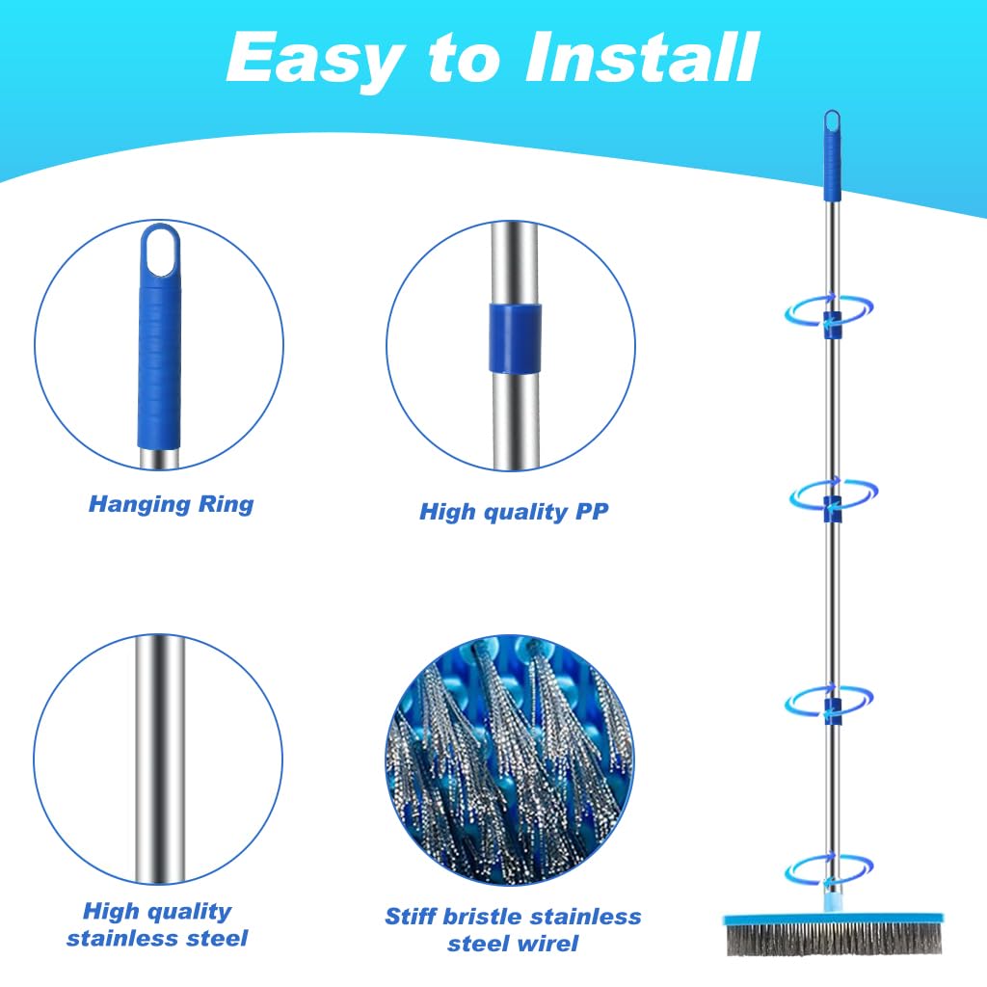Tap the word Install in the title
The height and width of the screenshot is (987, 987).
(x=641, y=57)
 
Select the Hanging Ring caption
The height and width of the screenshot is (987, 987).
(x=172, y=504)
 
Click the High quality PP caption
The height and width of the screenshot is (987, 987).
(x=514, y=511)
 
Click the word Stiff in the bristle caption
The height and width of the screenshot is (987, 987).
(x=413, y=916)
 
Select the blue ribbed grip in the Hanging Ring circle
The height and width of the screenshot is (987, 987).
(x=160, y=365)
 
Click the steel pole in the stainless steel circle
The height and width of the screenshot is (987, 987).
(x=161, y=760)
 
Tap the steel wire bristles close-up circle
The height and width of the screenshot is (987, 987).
(x=510, y=760)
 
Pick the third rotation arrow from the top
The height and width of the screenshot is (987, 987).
(x=828, y=700)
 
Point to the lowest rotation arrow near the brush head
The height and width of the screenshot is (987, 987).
(x=828, y=869)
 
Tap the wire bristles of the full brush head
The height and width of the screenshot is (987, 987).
(x=835, y=939)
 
